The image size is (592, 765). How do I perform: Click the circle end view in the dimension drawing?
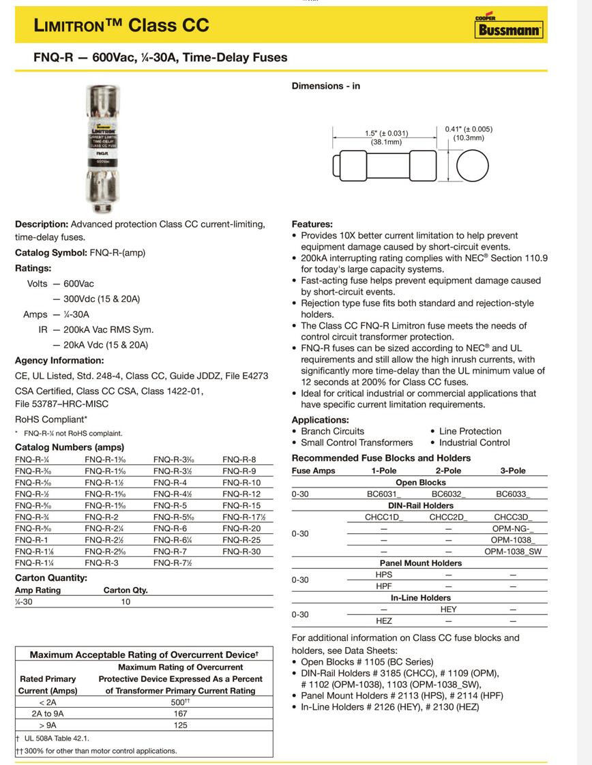[x=473, y=164]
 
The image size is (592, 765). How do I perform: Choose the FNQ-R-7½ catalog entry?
[x=173, y=562]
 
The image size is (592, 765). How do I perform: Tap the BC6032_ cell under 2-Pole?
[x=449, y=494]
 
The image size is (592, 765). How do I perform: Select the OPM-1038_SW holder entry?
[x=514, y=551]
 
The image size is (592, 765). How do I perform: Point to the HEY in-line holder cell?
[x=448, y=609]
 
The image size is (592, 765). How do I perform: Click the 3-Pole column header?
[x=513, y=470]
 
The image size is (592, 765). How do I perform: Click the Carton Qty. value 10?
[x=125, y=601]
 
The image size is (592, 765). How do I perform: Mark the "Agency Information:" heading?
[x=59, y=360]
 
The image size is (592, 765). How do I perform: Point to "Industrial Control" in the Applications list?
[x=470, y=442]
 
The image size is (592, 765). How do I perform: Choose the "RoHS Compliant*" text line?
[x=51, y=419]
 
